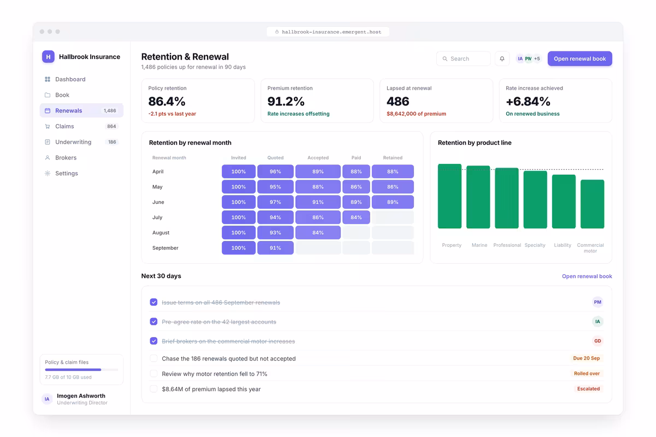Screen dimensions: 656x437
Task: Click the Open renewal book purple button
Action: coord(579,58)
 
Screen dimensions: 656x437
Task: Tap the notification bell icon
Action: coord(502,58)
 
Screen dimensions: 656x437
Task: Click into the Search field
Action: coord(464,58)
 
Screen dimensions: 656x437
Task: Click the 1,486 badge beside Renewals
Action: coord(110,111)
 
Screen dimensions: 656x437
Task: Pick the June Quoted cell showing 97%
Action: coord(276,202)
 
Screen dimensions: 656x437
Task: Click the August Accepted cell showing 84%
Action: coord(318,232)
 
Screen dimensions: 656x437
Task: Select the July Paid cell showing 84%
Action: coord(356,217)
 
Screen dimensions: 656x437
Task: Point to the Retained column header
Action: coord(393,157)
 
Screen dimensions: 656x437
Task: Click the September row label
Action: coord(165,247)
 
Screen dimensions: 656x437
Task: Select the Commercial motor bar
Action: coord(592,204)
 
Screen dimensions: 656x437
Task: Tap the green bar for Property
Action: coord(449,196)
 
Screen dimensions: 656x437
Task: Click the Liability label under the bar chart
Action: coord(563,245)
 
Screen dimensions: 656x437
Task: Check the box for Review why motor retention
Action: coord(154,374)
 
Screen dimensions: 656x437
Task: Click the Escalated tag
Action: coord(588,389)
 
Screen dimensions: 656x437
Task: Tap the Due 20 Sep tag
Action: coord(586,358)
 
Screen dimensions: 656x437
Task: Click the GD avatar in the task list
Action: coord(598,341)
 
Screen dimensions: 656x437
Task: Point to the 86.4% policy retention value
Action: coord(167,101)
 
